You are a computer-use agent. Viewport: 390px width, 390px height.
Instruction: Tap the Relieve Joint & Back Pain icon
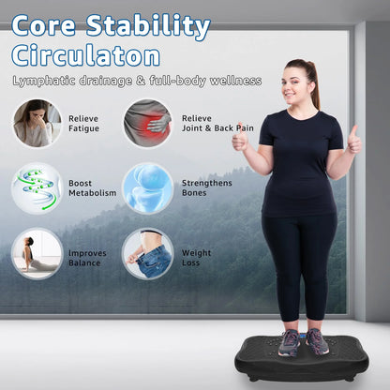pos(147,124)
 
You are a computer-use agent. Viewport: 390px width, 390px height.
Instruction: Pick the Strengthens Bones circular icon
pos(147,187)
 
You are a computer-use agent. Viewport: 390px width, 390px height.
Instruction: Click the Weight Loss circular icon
pos(147,253)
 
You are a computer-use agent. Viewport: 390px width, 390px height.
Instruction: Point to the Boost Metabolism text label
pos(92,187)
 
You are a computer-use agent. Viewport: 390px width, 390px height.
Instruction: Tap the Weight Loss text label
pos(196,258)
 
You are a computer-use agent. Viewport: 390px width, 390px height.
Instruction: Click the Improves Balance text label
pos(87,258)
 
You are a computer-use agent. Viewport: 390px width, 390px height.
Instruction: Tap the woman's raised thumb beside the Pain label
pos(239,138)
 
